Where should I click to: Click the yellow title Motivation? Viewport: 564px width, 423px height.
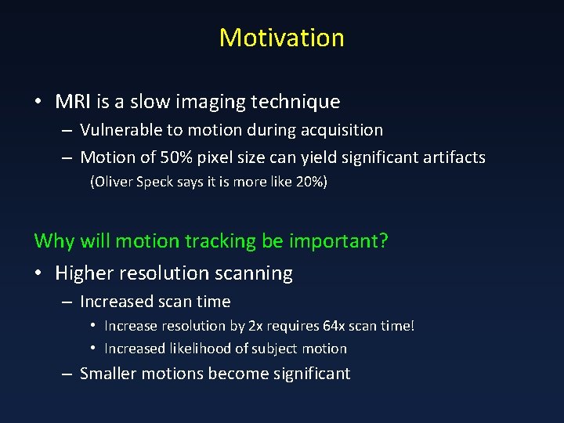coord(281,38)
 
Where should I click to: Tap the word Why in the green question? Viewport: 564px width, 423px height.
coord(53,240)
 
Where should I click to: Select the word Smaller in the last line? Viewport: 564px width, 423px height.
coord(114,374)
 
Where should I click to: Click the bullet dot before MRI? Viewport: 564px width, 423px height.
coord(38,103)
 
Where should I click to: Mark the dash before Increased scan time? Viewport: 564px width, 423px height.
coord(68,302)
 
